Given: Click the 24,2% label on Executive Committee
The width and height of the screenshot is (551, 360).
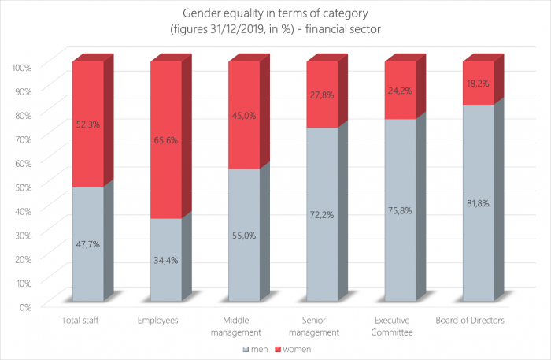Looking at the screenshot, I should (x=400, y=102).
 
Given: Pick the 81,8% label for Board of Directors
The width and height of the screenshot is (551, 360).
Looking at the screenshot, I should (x=478, y=202).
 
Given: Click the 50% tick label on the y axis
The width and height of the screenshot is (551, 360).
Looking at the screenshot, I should (x=23, y=186).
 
